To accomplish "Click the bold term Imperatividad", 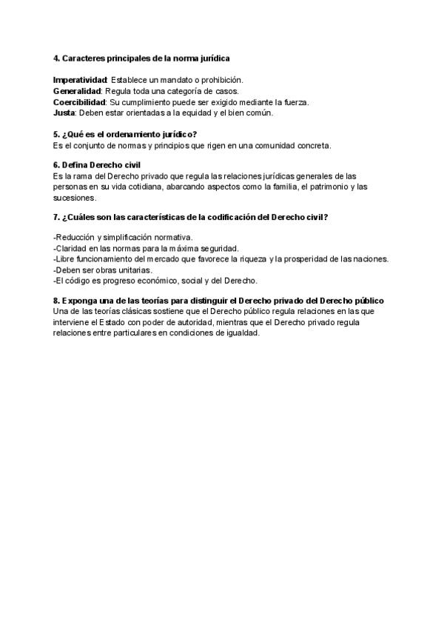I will click(80, 79).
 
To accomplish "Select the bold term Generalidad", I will click(76, 90).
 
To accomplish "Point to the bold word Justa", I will click(64, 113).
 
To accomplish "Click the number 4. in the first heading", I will click(57, 58).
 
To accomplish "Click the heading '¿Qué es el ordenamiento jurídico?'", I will click(129, 134).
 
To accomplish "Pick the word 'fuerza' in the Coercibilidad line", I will click(295, 101).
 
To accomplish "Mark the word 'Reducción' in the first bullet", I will click(74, 237).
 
